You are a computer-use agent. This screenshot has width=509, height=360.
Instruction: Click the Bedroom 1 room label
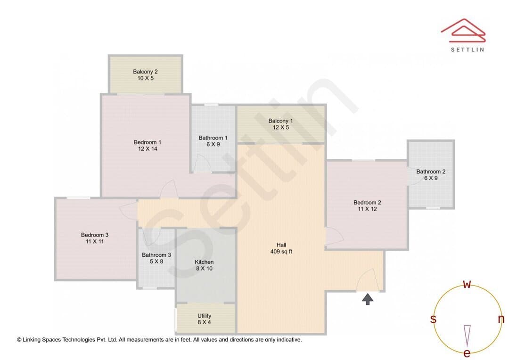(x=148, y=142)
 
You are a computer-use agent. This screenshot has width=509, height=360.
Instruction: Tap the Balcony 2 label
(x=145, y=72)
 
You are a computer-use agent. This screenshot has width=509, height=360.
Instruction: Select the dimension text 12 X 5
(x=281, y=127)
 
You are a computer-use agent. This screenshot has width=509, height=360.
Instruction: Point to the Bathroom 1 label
(x=213, y=138)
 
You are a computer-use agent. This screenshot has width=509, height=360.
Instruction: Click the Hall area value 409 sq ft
(x=281, y=251)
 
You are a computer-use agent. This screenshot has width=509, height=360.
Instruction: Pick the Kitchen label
(x=204, y=262)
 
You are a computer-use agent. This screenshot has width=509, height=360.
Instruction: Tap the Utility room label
(x=204, y=316)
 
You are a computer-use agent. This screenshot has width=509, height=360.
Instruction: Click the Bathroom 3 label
(x=156, y=255)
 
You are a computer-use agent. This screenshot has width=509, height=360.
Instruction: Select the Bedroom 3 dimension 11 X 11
(x=95, y=242)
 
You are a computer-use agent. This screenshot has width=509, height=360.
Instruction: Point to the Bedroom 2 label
(x=367, y=203)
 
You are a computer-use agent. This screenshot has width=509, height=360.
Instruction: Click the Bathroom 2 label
(x=431, y=172)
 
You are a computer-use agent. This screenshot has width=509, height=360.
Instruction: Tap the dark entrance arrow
(x=368, y=299)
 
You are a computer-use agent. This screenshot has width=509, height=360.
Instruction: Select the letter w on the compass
(x=467, y=284)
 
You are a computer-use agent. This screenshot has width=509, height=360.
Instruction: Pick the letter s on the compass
(x=433, y=319)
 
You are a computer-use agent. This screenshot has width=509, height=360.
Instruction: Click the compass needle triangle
(x=467, y=335)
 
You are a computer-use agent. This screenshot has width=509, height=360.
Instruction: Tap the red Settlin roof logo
(x=463, y=31)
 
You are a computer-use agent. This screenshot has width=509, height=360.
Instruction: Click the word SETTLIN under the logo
(x=468, y=49)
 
